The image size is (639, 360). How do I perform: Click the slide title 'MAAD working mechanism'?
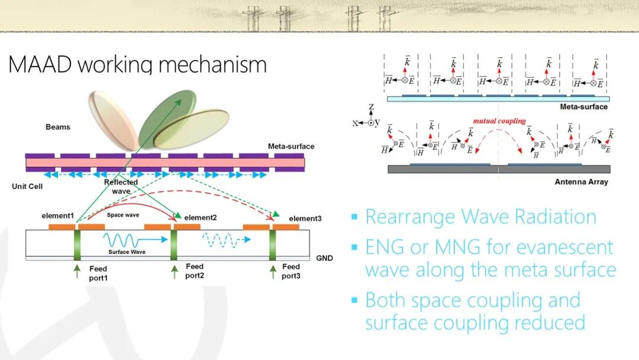tap(137, 64)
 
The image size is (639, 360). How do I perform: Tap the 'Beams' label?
tap(57, 127)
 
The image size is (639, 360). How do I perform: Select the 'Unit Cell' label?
tap(25, 186)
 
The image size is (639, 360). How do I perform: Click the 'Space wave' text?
tap(123, 215)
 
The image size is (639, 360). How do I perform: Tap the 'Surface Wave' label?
tap(123, 252)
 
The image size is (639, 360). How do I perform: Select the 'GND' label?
tap(324, 258)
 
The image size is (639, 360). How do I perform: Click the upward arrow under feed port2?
tap(174, 272)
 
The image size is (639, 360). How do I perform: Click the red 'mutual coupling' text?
tap(499, 121)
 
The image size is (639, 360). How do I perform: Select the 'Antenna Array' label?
tap(581, 181)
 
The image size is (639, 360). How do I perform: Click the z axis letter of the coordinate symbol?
tap(371, 108)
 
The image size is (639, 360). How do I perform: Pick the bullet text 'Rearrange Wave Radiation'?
tap(480, 217)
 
